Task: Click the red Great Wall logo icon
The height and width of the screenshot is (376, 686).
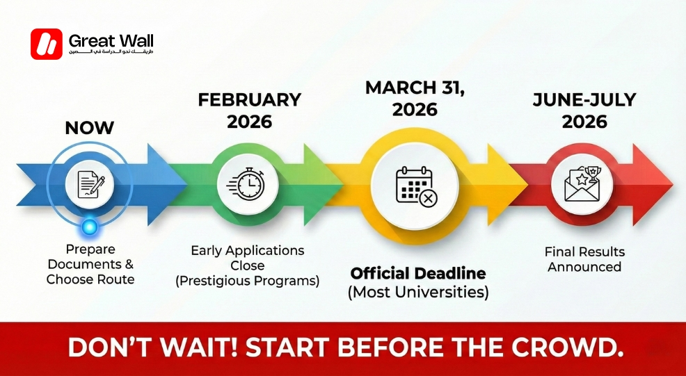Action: click(47, 44)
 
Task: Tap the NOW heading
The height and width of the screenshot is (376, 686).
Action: click(89, 128)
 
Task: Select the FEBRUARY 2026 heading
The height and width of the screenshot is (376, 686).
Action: click(250, 111)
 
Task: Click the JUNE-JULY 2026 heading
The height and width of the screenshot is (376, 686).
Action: click(584, 111)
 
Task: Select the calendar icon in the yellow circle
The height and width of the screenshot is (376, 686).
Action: click(415, 186)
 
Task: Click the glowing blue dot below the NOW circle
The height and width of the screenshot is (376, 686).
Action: click(88, 226)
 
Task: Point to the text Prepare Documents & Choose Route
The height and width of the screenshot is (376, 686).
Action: click(90, 264)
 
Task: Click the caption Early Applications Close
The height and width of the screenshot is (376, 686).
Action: click(248, 257)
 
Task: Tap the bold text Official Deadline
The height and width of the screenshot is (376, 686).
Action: click(418, 272)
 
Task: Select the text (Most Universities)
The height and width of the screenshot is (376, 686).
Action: click(418, 292)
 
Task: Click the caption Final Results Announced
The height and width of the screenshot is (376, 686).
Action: click(584, 259)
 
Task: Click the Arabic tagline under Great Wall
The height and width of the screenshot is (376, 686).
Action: click(111, 53)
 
